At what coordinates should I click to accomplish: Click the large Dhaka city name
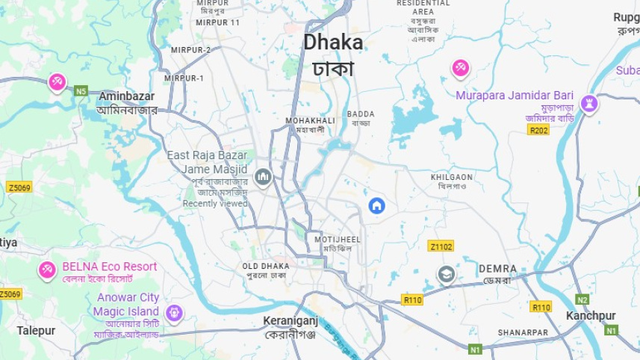point(333,43)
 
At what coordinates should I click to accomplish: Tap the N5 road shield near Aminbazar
point(81,91)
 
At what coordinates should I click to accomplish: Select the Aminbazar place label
point(127,97)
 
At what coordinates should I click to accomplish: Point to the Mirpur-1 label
point(184,78)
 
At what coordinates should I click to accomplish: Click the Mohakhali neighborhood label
point(310,120)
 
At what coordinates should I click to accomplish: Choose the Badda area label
point(361,114)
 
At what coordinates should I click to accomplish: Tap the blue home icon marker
point(376,205)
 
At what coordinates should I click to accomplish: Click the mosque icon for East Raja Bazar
point(262,177)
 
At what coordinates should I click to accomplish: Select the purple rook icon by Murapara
point(589,103)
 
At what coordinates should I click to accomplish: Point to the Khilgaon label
point(452,178)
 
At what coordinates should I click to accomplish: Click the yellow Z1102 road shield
point(441,246)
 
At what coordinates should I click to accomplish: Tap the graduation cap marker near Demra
point(446,274)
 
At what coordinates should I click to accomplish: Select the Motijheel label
point(338,240)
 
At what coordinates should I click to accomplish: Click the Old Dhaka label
point(265,267)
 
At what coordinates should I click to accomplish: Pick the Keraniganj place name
point(291,322)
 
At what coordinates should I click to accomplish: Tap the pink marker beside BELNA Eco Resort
point(47,270)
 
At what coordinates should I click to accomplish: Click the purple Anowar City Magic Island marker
point(175,312)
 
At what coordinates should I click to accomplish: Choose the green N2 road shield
point(582,300)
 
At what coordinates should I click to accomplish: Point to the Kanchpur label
point(591,316)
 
